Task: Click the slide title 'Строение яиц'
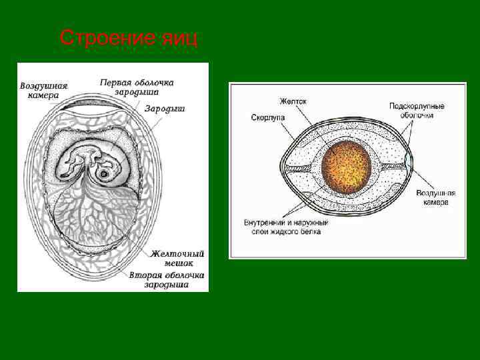point(129,39)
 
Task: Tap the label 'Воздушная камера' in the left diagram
point(43,91)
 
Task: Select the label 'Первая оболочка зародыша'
point(137,87)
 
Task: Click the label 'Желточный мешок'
point(177,258)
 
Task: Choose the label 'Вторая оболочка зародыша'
point(167,279)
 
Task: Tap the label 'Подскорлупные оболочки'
point(417,110)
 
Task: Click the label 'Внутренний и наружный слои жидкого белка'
point(286,227)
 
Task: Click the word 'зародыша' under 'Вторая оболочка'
point(167,285)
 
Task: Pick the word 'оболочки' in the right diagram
point(417,115)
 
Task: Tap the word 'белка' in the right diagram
point(307,231)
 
